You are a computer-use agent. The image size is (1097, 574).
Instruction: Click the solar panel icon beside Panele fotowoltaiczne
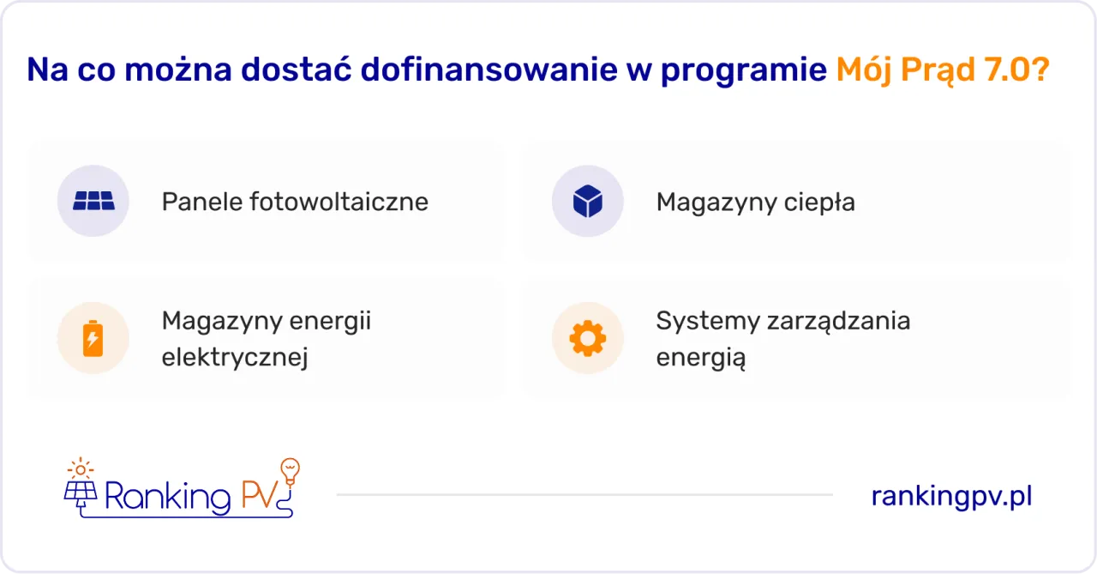coord(93,202)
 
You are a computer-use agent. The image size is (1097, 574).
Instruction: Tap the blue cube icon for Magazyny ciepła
coord(587,202)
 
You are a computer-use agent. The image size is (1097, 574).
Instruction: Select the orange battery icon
coord(93,338)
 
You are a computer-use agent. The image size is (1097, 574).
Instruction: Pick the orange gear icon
coord(587,338)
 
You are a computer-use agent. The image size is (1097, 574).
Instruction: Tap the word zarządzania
coord(829,321)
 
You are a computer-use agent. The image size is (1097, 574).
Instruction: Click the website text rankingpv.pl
coord(951,496)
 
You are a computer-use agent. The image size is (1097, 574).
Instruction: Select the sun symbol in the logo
coord(81,468)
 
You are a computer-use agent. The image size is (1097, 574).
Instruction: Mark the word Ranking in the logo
coord(167,497)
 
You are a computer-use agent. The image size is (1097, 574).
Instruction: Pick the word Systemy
coord(706,321)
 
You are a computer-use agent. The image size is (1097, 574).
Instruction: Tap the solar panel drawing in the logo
coord(81,492)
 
